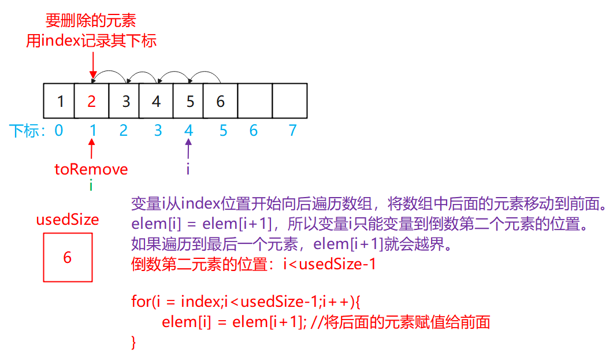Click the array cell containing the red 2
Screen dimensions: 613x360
point(92,101)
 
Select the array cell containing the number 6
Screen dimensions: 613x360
point(220,101)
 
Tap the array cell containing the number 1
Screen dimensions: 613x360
point(60,101)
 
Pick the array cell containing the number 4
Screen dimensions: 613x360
point(156,101)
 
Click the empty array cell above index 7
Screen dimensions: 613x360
point(290,101)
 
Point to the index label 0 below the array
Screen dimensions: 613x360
point(58,131)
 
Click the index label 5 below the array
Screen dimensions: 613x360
point(223,131)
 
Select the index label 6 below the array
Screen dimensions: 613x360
point(253,131)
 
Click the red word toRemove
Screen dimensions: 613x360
point(91,169)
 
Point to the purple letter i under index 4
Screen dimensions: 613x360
point(188,169)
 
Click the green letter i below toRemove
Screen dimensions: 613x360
point(91,185)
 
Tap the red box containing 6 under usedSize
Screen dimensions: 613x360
point(68,257)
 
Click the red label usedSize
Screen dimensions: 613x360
point(68,220)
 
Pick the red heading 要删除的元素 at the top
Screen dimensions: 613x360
point(91,21)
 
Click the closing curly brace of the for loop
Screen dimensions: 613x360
point(134,342)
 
